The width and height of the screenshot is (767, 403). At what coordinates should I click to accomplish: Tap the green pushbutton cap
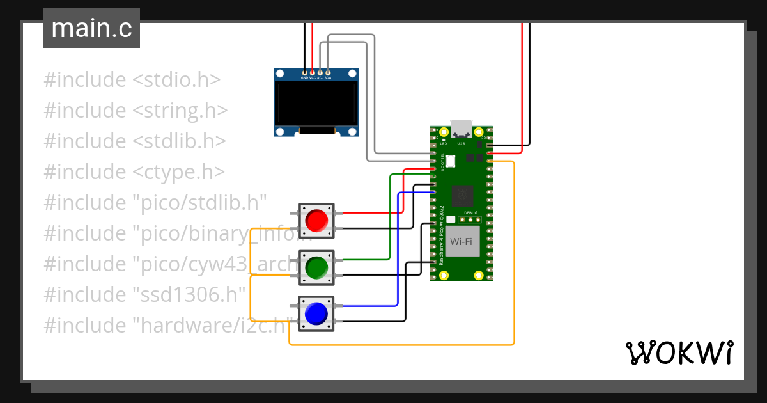coord(316,267)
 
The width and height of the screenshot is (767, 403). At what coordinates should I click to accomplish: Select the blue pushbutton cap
coord(316,313)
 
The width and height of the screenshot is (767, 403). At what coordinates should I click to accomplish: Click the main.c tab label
coord(91,28)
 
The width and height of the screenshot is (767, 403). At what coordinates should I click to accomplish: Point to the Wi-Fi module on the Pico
coord(463,241)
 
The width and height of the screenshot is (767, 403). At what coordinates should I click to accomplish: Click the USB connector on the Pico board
coord(461,127)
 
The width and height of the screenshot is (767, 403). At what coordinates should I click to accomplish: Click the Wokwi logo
coord(678,352)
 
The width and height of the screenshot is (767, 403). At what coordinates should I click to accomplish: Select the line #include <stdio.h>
coord(132,80)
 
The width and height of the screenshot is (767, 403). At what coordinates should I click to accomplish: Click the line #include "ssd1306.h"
coord(145,294)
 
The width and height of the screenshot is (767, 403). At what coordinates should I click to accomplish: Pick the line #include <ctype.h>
coord(134,171)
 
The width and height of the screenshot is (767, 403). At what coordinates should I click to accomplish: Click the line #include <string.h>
coord(136,111)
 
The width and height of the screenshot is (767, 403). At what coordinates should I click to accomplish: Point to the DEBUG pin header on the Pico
coord(470,218)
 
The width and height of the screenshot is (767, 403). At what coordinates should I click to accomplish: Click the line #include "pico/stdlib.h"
coord(155,202)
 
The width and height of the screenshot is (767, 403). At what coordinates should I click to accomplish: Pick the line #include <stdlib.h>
coord(135,141)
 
